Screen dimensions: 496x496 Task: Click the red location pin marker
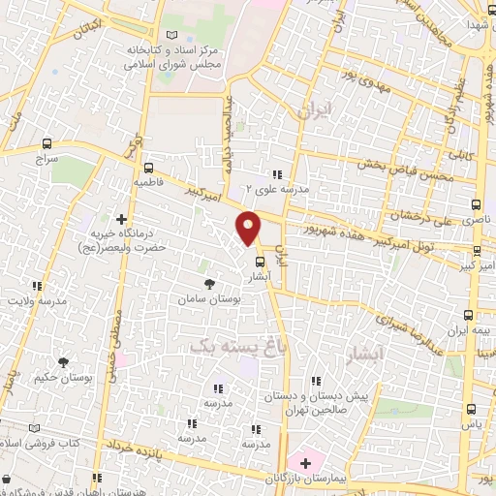click(249, 227)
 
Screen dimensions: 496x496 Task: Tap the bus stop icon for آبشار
click(259, 262)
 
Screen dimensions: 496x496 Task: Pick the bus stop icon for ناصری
click(475, 204)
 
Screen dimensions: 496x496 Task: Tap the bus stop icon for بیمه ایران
click(469, 315)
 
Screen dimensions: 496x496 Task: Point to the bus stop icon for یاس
click(472, 409)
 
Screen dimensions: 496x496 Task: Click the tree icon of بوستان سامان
click(208, 285)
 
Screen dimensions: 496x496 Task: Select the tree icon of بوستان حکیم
click(63, 362)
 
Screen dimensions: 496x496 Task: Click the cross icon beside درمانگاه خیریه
click(120, 219)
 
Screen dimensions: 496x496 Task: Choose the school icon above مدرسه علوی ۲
click(277, 175)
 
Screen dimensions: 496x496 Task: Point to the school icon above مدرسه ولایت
click(38, 286)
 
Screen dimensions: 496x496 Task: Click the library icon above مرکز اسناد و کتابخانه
click(172, 36)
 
